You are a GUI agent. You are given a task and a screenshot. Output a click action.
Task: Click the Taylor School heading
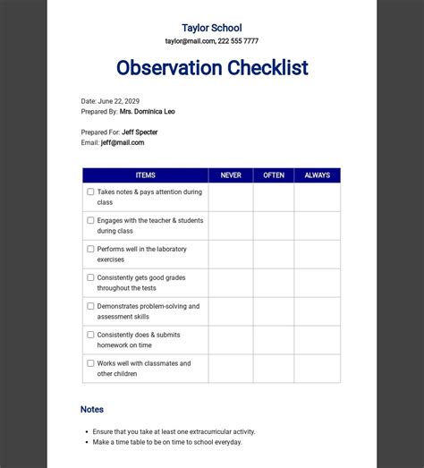211,28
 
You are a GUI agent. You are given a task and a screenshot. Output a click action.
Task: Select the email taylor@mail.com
190,41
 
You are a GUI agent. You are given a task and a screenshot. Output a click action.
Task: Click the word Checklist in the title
259,68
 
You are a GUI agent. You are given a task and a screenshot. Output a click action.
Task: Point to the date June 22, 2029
119,101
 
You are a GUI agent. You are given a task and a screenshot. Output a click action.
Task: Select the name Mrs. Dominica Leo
147,112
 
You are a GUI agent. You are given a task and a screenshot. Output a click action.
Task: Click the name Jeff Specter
140,132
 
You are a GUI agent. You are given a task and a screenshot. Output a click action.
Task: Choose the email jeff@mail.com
123,142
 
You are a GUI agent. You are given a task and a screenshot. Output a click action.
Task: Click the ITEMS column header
145,175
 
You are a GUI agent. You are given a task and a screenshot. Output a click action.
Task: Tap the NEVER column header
231,175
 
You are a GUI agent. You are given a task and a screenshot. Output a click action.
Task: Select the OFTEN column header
274,175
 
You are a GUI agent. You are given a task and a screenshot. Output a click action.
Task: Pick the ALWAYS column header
318,175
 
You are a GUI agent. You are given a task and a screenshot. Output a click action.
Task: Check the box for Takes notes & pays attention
90,191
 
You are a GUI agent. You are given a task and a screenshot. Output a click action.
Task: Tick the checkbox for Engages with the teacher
90,220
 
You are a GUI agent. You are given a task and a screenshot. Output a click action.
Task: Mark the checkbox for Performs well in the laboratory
90,249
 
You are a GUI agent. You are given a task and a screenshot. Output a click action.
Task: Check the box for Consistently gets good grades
90,277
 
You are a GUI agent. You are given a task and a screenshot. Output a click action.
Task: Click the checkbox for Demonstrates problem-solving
90,306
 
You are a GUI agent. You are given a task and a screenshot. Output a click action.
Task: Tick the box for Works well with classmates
90,363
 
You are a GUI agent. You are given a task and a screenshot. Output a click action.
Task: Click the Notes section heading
92,409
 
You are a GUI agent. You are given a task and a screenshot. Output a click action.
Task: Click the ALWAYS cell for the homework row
318,340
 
